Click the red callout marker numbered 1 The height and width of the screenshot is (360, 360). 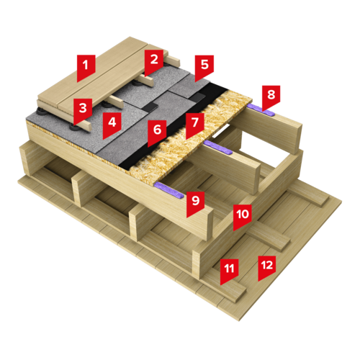pyautogui.click(x=86, y=67)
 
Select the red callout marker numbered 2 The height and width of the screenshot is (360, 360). pyautogui.click(x=154, y=62)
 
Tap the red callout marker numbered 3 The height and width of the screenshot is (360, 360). pyautogui.click(x=83, y=110)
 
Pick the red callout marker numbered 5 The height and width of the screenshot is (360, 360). pyautogui.click(x=204, y=68)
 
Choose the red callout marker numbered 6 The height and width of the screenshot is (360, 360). pyautogui.click(x=157, y=132)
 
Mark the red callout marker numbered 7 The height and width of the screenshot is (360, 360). pyautogui.click(x=195, y=125)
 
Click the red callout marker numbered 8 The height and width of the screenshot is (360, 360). pyautogui.click(x=271, y=97)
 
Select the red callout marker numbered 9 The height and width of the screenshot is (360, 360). pyautogui.click(x=196, y=204)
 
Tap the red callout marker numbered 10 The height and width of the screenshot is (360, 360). pyautogui.click(x=243, y=217)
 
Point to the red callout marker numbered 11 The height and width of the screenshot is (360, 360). pyautogui.click(x=229, y=271)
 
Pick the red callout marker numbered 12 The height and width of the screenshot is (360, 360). pyautogui.click(x=267, y=267)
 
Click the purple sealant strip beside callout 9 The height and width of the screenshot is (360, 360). pyautogui.click(x=169, y=189)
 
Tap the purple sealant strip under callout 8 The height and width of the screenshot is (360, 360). pyautogui.click(x=261, y=109)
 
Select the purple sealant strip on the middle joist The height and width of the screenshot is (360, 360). pyautogui.click(x=218, y=147)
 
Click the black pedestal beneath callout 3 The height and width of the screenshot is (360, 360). pyautogui.click(x=75, y=127)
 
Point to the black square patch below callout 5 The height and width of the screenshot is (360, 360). pyautogui.click(x=198, y=97)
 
